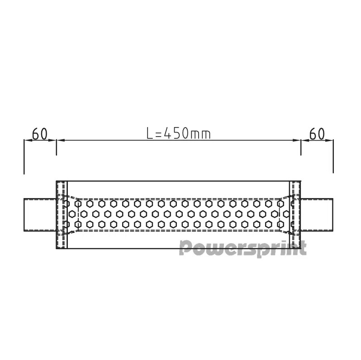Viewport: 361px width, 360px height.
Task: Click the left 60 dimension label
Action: [x=40, y=134]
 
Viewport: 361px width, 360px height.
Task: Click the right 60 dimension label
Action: [x=317, y=134]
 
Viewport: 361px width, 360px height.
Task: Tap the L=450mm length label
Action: [x=179, y=134]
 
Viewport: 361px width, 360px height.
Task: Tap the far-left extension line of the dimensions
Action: [x=24, y=156]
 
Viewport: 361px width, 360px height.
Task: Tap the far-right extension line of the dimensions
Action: [x=333, y=156]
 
